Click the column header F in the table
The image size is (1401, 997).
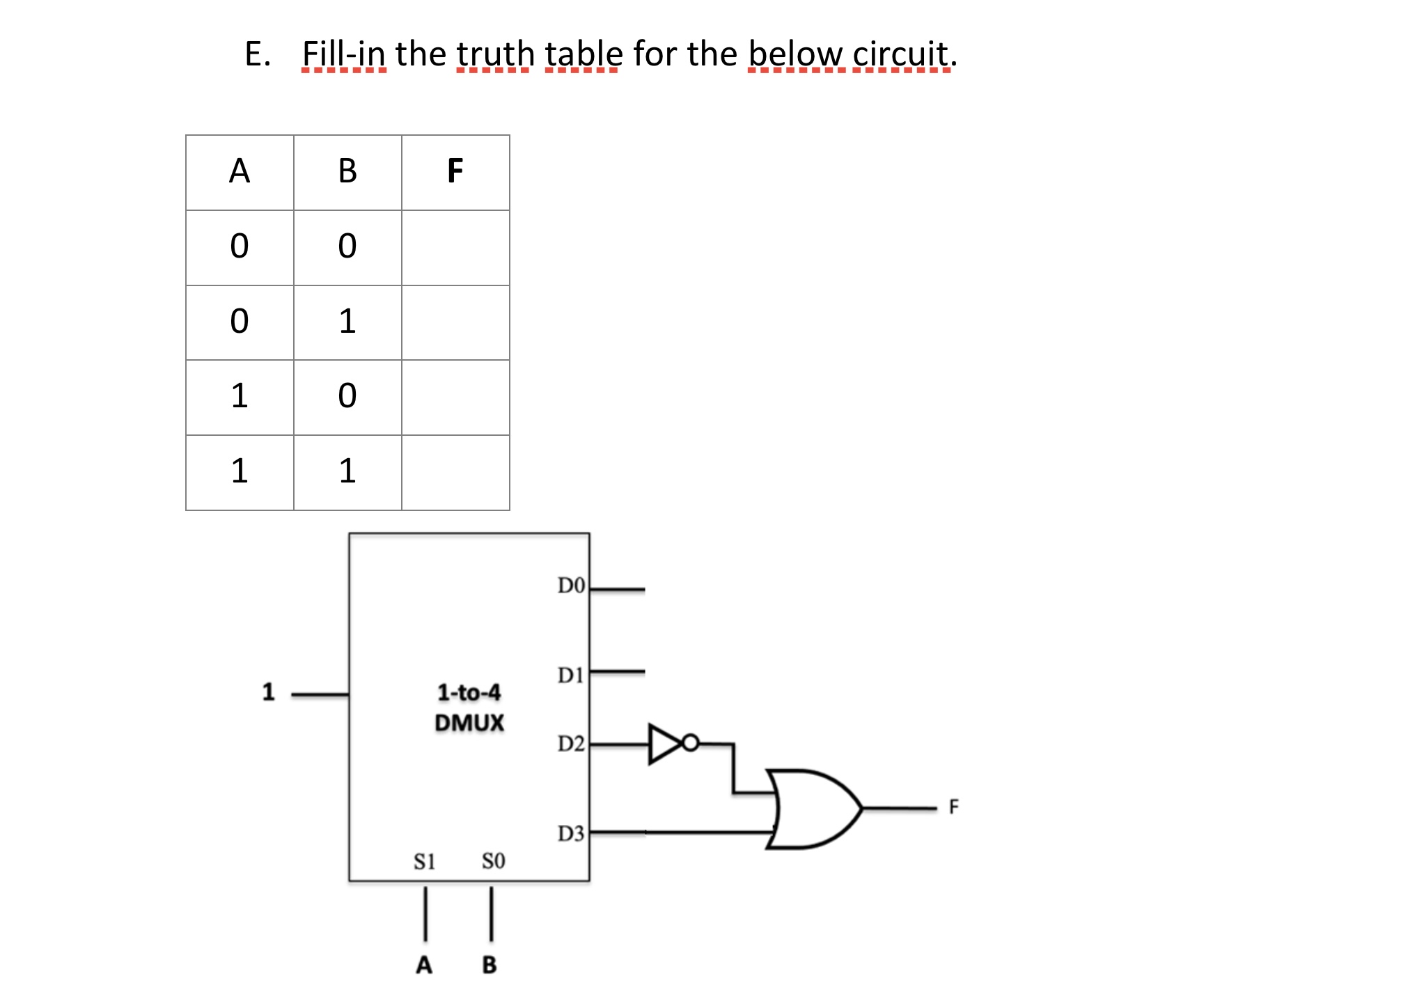[x=455, y=171]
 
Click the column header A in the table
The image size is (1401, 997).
[x=239, y=171]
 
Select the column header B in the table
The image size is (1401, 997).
[x=347, y=171]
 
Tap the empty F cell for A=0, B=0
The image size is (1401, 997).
[x=455, y=247]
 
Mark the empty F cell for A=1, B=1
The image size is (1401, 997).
[x=455, y=473]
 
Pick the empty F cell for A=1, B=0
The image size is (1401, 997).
[x=455, y=398]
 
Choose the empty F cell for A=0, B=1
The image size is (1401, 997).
[x=455, y=322]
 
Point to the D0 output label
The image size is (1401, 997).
[x=571, y=586]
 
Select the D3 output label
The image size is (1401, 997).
[x=571, y=833]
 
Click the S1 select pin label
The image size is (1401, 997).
[x=424, y=862]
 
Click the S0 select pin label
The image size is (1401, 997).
[x=493, y=861]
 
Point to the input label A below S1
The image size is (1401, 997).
[x=423, y=965]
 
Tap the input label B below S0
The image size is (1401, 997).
[x=490, y=965]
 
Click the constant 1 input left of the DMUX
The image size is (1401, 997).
[x=268, y=692]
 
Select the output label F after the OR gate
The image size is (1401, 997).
[x=953, y=807]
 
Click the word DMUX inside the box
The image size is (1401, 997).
[x=469, y=723]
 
